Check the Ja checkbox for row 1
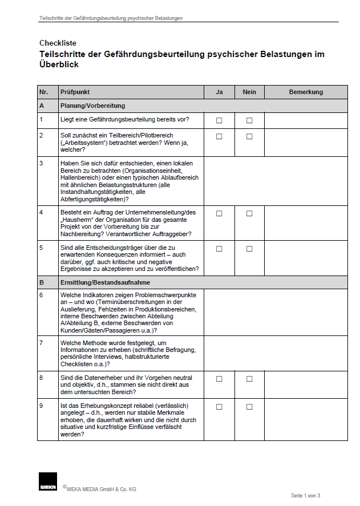coord(219,120)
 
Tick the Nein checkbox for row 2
coord(249,136)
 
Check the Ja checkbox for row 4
coord(219,213)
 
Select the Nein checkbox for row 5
coord(249,249)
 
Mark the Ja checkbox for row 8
coord(219,379)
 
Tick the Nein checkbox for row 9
coord(249,407)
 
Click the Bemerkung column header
coord(306,92)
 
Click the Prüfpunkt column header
coord(75,92)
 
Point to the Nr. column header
coord(43,92)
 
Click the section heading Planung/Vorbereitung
coord(92,106)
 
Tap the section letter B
coord(42,282)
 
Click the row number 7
coord(41,343)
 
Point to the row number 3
coord(41,163)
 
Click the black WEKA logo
coord(47,481)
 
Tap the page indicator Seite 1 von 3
coord(305,495)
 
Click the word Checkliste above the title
coord(58,43)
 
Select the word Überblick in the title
coord(59,64)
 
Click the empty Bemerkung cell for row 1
coord(306,120)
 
